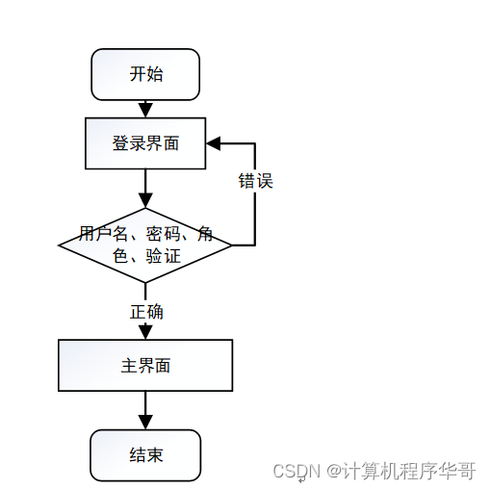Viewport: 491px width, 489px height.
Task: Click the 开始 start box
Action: tap(145, 74)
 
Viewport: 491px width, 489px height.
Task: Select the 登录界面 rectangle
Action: tap(145, 143)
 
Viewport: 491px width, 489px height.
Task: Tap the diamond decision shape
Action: tap(145, 245)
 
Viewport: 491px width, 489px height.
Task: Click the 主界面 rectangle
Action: tap(145, 366)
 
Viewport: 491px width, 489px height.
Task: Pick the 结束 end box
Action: tap(145, 454)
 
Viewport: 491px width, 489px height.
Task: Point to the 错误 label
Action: tap(255, 180)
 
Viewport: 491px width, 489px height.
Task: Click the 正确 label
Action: tap(146, 312)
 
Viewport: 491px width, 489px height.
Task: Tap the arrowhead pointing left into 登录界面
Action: tap(213, 143)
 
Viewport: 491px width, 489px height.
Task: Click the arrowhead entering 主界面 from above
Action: tap(145, 332)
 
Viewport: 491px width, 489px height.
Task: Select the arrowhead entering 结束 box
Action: tap(145, 423)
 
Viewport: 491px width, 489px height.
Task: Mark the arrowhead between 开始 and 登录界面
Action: tap(145, 110)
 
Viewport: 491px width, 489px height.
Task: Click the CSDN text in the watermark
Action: tap(296, 471)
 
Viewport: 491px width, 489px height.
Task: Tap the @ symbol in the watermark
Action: tap(333, 471)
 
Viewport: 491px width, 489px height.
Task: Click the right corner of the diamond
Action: tap(230, 245)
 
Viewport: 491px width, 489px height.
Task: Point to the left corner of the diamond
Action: tap(61, 245)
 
